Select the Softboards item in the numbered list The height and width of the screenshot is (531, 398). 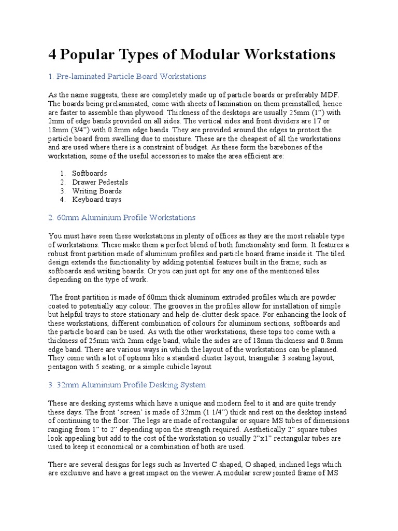click(x=90, y=173)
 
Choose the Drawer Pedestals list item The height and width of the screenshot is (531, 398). click(x=100, y=182)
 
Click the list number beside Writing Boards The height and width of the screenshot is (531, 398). click(x=62, y=191)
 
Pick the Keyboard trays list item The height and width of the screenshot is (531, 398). click(x=97, y=200)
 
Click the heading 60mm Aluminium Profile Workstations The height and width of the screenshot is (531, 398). click(x=122, y=217)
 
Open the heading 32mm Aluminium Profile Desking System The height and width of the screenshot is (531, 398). click(x=127, y=385)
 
